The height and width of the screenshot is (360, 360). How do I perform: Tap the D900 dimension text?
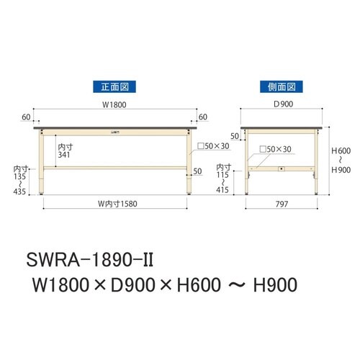tap(280, 104)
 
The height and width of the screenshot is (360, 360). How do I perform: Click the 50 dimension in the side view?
tap(235, 135)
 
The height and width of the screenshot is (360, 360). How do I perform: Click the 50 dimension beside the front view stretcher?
tap(199, 172)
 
